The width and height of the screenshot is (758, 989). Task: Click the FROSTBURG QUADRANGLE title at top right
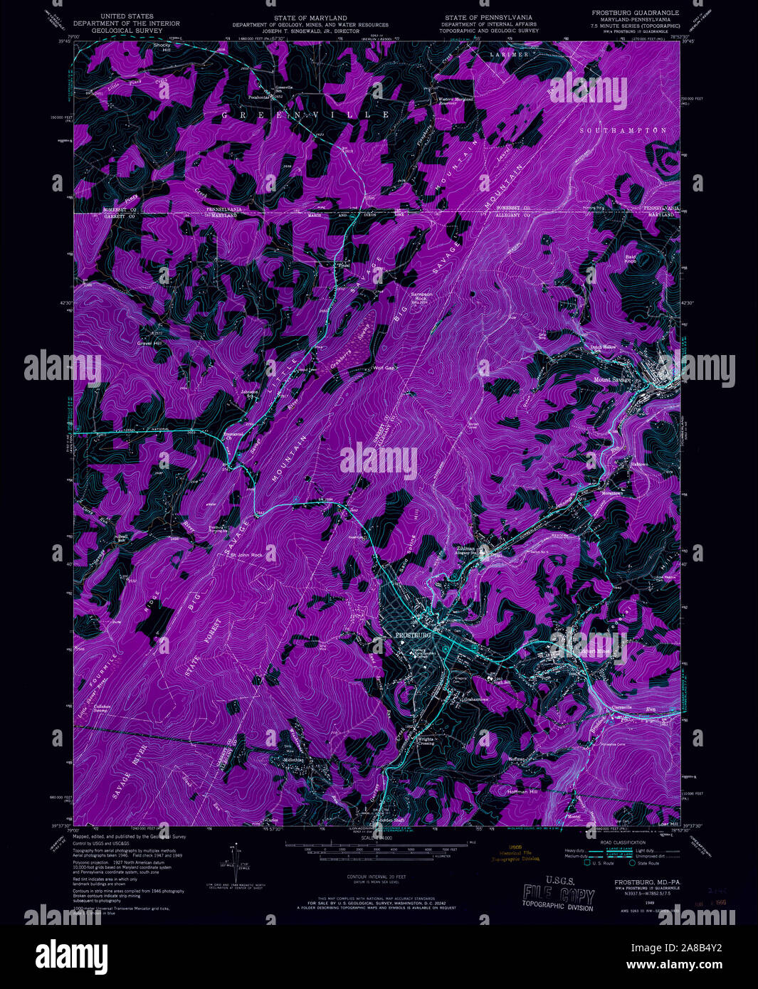point(635,13)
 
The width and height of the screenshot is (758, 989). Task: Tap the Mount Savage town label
point(612,380)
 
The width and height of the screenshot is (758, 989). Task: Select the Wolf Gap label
point(384,368)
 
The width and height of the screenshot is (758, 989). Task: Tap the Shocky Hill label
point(162,48)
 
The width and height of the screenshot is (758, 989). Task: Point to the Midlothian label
point(293,760)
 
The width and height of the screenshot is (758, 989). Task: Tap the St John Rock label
point(246,555)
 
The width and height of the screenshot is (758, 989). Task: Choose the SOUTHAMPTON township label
point(623,131)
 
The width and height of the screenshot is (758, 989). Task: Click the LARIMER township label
point(509,54)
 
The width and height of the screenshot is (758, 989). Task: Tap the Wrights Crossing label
point(426,740)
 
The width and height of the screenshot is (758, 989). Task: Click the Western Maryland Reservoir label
point(456,100)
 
